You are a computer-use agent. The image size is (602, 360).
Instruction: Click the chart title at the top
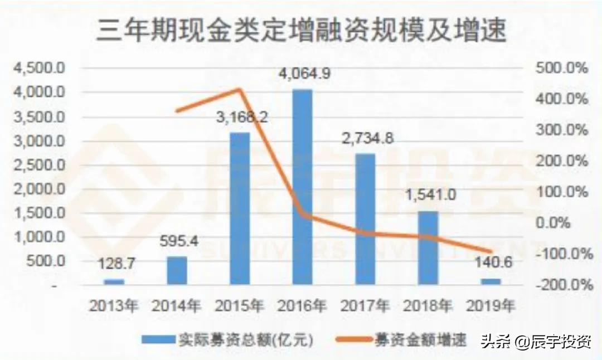[x=302, y=31]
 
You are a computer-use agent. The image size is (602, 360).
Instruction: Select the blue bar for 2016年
[x=303, y=187]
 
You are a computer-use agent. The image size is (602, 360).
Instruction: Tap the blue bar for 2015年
[x=240, y=209]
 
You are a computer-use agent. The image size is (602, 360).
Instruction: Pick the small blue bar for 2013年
[x=114, y=281]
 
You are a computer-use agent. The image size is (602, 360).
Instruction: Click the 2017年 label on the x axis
[x=366, y=305]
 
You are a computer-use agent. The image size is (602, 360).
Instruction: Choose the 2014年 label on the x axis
[x=177, y=305]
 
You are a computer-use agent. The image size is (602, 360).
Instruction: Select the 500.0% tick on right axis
[x=563, y=69]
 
